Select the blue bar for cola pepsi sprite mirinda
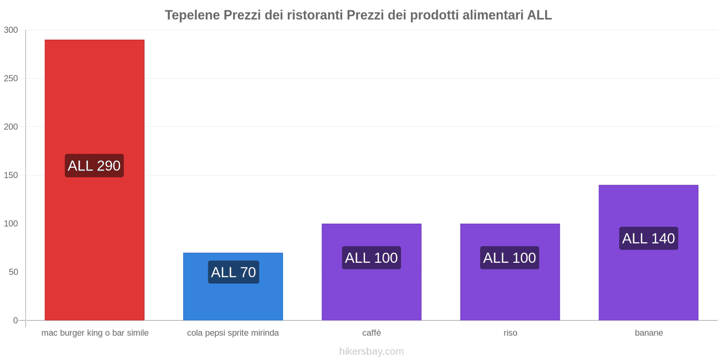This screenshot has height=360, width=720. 233,297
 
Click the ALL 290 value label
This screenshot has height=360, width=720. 94,166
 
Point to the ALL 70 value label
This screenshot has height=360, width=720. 233,272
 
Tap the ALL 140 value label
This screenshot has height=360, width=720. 648,238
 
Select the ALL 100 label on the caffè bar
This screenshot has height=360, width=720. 371,258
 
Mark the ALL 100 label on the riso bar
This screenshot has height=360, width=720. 509,258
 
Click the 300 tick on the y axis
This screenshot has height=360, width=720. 11,30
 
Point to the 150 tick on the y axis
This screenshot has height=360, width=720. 11,175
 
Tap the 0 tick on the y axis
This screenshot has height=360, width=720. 15,320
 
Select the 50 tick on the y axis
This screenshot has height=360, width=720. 13,272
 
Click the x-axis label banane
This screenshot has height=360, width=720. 648,333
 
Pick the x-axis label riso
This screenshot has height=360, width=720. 510,333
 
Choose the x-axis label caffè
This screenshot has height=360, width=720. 372,333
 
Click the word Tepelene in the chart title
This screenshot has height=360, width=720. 192,15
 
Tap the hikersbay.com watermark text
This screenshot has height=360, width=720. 371,351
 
